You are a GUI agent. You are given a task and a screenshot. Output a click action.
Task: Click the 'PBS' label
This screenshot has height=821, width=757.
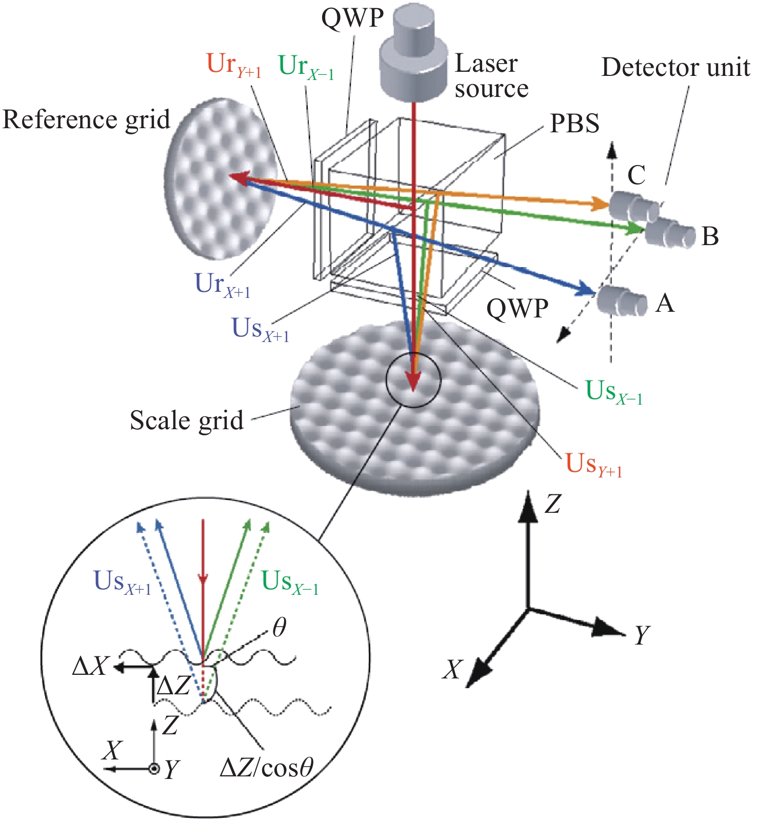(574, 124)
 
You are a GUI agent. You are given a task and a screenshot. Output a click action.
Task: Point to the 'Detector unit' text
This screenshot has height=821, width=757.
(675, 68)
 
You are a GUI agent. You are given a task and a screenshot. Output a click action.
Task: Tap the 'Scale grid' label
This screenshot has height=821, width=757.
(187, 420)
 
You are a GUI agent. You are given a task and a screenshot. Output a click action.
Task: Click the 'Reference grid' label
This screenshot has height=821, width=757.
(86, 120)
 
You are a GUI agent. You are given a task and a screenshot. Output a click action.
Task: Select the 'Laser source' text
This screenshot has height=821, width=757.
(491, 76)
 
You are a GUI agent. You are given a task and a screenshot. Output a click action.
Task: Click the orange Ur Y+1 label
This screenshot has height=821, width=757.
(233, 65)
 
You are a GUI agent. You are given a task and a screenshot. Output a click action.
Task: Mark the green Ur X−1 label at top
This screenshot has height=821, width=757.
(306, 67)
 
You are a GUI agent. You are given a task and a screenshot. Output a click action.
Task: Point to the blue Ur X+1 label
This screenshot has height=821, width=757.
(222, 285)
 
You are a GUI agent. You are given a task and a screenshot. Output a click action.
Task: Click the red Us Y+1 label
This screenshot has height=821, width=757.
(593, 465)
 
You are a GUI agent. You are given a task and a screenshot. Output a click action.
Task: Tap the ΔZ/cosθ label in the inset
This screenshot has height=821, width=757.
(266, 768)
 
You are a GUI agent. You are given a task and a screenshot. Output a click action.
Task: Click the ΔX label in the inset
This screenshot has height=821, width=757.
(90, 667)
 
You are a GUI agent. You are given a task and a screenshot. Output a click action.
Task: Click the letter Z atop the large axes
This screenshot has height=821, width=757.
(552, 505)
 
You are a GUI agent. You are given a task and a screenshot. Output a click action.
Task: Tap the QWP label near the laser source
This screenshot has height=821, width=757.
(352, 18)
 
